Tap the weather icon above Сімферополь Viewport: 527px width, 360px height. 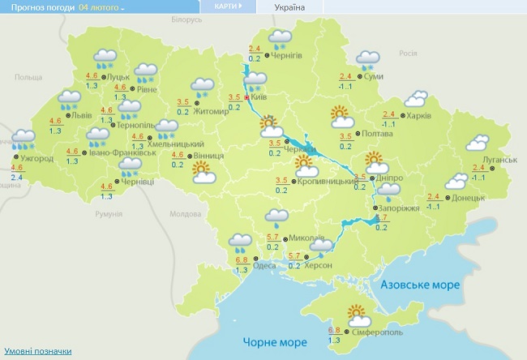pyautogui.click(x=358, y=312)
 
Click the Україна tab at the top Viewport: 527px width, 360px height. pyautogui.click(x=290, y=6)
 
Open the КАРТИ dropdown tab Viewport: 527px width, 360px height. pyautogui.click(x=228, y=6)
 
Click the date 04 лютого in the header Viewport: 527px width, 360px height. pyautogui.click(x=101, y=7)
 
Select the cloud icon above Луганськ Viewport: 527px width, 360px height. pyautogui.click(x=478, y=144)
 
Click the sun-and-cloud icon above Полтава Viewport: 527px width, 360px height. pyautogui.click(x=341, y=117)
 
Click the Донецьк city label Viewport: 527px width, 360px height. pyautogui.click(x=469, y=197)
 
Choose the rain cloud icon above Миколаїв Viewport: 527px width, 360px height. pyautogui.click(x=279, y=216)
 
